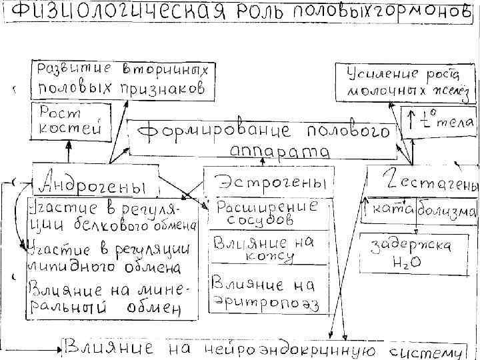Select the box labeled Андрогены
[93, 181]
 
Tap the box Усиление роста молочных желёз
[399, 81]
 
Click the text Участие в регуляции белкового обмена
[111, 215]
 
